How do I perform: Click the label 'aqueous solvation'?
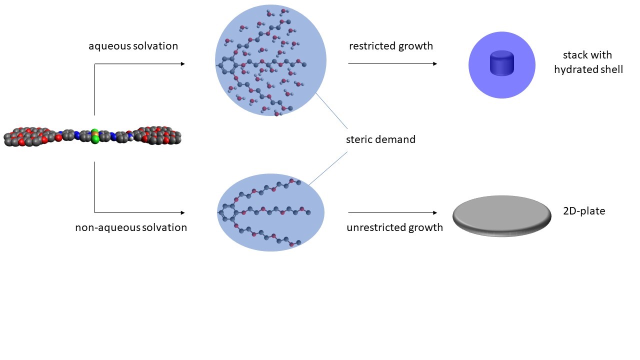click(x=133, y=46)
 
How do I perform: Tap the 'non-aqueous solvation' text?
click(x=131, y=227)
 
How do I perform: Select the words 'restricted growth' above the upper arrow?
click(x=391, y=46)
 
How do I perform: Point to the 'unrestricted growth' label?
click(x=394, y=227)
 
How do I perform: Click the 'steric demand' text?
click(x=380, y=139)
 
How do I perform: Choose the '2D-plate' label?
click(x=584, y=211)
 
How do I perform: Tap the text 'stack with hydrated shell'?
click(x=588, y=62)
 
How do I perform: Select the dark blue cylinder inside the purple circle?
click(x=502, y=63)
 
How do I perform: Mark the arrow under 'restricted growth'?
click(x=392, y=64)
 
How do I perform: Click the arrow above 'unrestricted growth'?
click(x=392, y=213)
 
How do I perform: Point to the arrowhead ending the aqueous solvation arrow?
click(x=182, y=64)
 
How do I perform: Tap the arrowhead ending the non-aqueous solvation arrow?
click(x=182, y=213)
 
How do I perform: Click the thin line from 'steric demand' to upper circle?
click(x=332, y=110)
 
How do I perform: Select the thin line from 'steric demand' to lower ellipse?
click(x=328, y=168)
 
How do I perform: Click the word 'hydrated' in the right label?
click(x=573, y=69)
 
